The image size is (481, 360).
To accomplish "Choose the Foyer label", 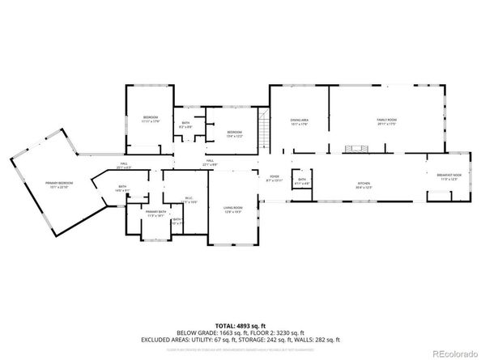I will [x=274, y=179].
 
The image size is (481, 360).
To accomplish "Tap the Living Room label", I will [x=232, y=210].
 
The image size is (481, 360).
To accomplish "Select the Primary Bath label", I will [x=155, y=214].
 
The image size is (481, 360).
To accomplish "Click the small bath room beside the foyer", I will [x=301, y=182].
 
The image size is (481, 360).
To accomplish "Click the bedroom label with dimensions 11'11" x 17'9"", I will [x=151, y=119].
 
